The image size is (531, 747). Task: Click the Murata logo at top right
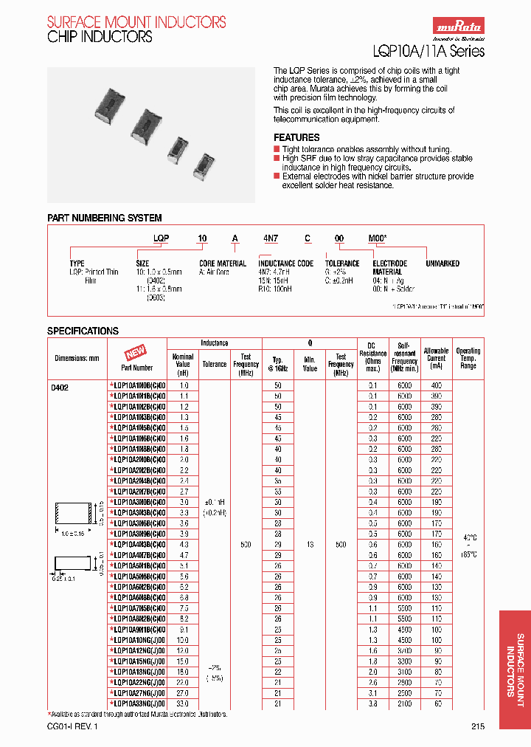(x=457, y=27)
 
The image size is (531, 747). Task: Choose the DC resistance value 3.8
(x=372, y=704)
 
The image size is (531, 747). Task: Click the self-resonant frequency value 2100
(x=405, y=704)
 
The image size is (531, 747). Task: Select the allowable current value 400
(x=436, y=386)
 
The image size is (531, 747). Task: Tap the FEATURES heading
(x=296, y=137)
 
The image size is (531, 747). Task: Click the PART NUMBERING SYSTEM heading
(x=104, y=218)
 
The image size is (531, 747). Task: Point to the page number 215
(x=478, y=726)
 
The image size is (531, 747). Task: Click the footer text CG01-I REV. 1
(x=72, y=726)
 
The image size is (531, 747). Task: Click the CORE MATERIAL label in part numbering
(x=223, y=264)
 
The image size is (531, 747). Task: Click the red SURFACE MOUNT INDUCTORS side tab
(x=514, y=664)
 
